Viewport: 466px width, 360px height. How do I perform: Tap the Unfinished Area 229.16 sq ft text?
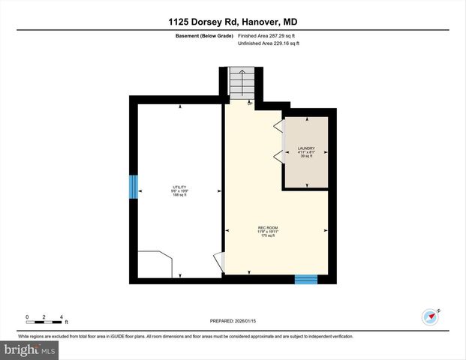point(269,43)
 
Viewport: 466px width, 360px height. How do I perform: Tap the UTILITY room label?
point(179,191)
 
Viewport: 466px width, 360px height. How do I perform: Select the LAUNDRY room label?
point(305,151)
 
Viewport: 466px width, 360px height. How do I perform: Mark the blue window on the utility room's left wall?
point(133,187)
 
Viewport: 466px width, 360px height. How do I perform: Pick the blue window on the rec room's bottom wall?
point(305,279)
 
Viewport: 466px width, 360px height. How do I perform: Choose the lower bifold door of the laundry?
point(278,155)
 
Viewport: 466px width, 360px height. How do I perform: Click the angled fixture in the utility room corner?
point(156,264)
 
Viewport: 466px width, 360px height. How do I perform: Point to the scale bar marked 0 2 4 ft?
point(45,319)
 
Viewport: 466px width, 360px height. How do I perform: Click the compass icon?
point(430,316)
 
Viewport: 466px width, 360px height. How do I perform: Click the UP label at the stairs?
point(249,103)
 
